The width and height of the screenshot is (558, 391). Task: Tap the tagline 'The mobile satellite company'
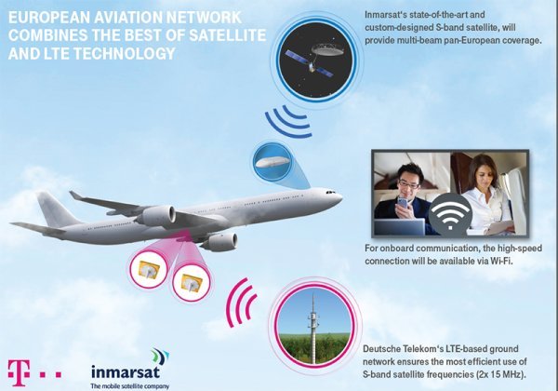130,384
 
